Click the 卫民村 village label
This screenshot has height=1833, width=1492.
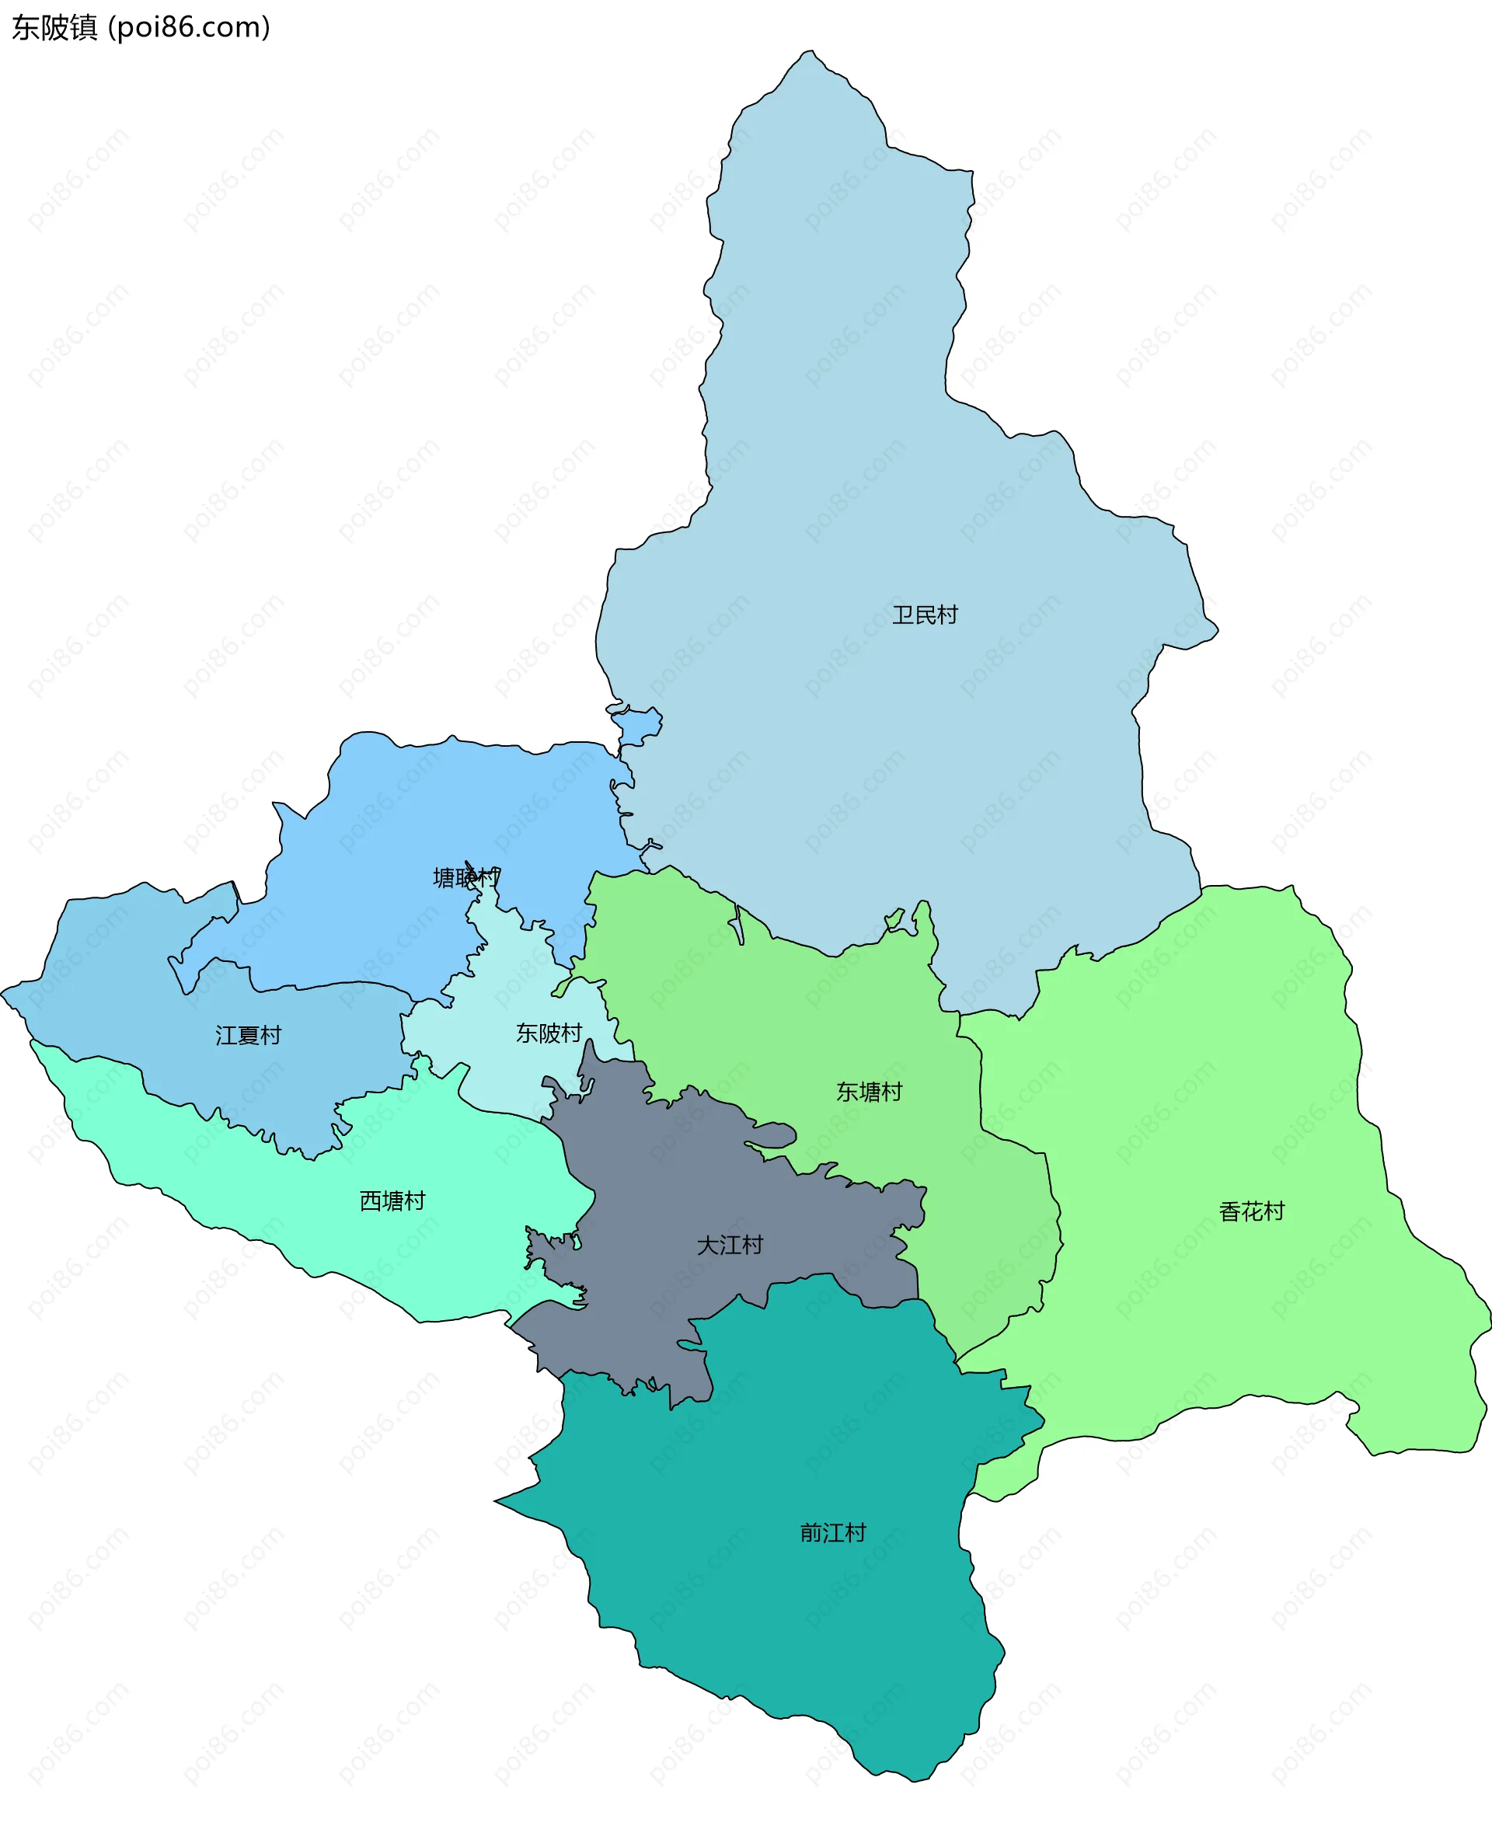coord(924,615)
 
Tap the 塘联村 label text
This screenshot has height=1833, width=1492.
coord(465,877)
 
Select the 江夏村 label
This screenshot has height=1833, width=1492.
coord(249,1036)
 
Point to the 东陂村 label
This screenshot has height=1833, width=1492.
coord(549,1033)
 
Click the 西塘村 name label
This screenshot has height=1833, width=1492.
coord(392,1201)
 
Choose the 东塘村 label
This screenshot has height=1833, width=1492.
coord(869,1092)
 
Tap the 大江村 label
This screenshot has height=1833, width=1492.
coord(730,1246)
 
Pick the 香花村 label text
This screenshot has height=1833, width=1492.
coord(1251,1211)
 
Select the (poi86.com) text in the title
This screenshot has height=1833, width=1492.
coord(189,27)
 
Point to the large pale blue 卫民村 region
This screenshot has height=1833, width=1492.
coord(859,430)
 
